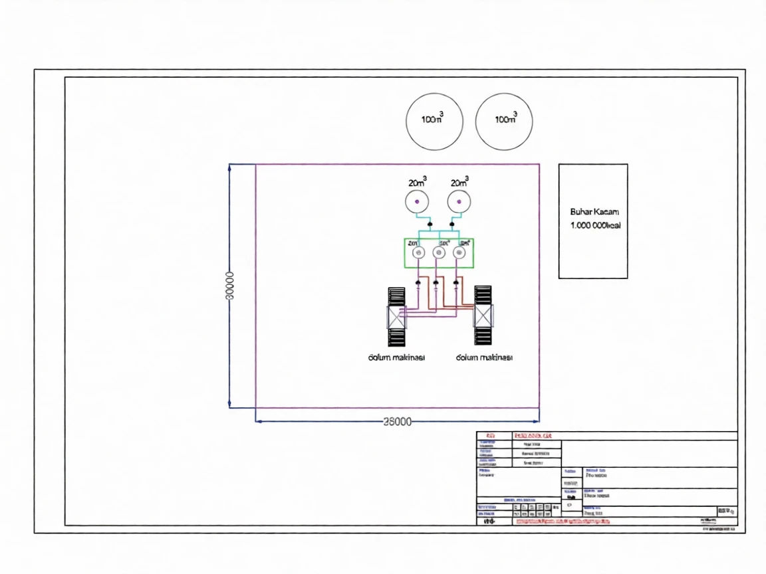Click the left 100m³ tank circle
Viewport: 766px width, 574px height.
[x=434, y=121]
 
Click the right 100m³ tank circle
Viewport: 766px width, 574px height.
[x=504, y=121]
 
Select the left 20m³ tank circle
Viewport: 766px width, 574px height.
[x=417, y=201]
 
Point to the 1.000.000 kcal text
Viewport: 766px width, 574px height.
[x=595, y=226]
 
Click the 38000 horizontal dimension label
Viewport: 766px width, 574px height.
[x=398, y=421]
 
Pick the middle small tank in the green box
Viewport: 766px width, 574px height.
[x=439, y=253]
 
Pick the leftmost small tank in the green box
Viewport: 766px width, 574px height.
[x=418, y=253]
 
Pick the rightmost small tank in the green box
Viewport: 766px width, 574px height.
[x=459, y=253]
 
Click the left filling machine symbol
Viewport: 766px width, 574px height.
[x=396, y=317]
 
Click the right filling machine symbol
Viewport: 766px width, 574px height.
[x=483, y=316]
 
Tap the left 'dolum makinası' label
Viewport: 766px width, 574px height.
[x=396, y=357]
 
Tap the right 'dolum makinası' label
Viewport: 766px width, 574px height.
[x=484, y=357]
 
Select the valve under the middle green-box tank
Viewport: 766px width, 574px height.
[x=436, y=284]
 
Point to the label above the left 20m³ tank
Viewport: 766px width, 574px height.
[x=418, y=182]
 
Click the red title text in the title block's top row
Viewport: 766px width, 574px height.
[x=533, y=436]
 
